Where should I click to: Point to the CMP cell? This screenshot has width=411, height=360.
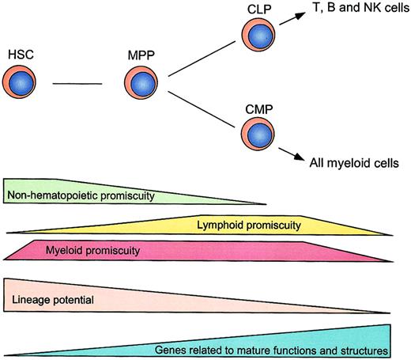click(x=265, y=131)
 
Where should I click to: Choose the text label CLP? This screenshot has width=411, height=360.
click(x=266, y=8)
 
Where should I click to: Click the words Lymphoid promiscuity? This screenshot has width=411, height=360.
click(x=248, y=225)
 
